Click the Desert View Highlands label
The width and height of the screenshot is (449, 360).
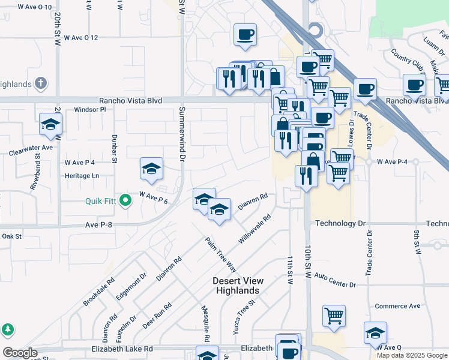click(x=237, y=286)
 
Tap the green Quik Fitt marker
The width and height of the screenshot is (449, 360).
click(x=125, y=200)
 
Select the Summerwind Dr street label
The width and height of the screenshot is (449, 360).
click(x=181, y=134)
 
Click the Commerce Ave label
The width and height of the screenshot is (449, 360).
click(x=397, y=306)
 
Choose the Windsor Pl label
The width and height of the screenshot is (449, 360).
click(x=89, y=110)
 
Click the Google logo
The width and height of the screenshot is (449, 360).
click(x=20, y=353)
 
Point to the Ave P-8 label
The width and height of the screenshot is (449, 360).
click(x=100, y=225)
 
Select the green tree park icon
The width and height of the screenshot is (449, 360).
click(x=7, y=329)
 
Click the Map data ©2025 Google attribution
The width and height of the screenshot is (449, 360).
click(x=411, y=355)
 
